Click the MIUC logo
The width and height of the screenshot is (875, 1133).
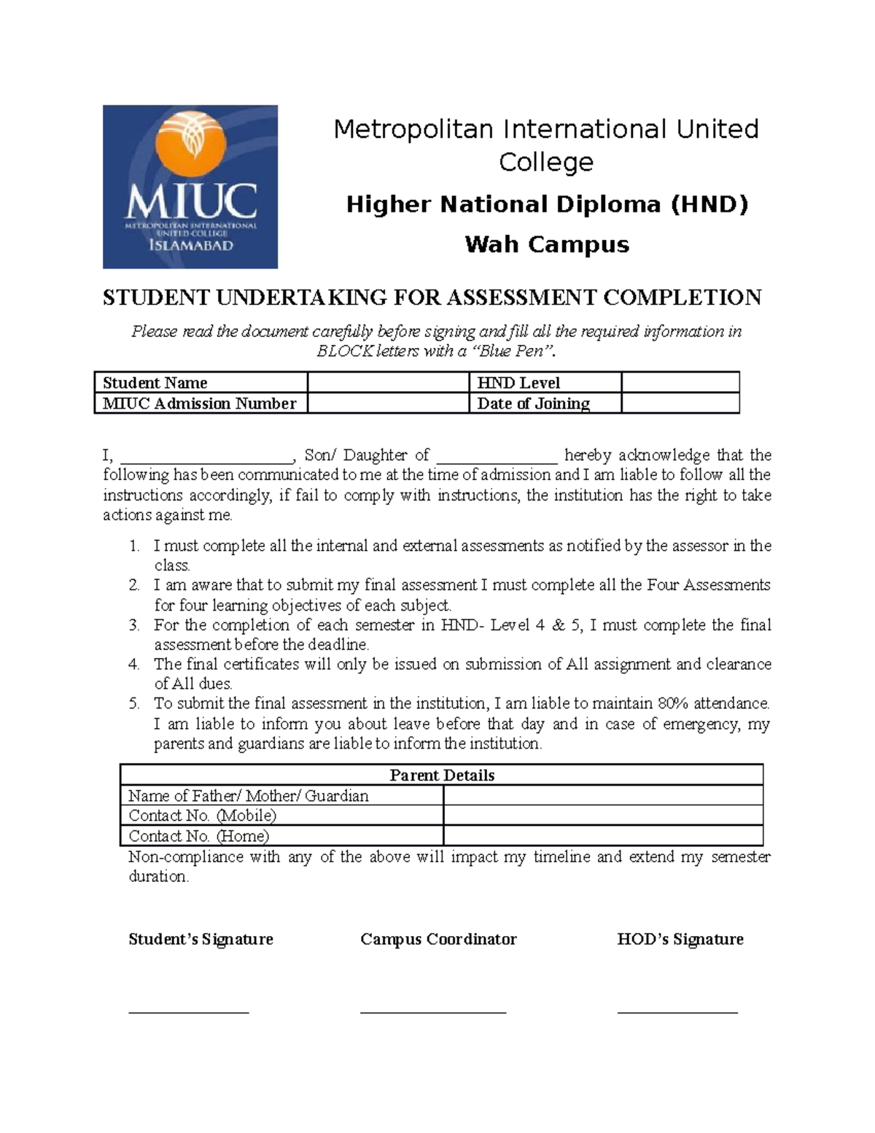coord(190,187)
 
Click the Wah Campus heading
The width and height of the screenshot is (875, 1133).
coord(547,244)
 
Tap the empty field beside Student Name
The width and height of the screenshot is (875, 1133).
coord(387,382)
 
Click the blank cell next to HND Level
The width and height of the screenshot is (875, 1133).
coord(680,382)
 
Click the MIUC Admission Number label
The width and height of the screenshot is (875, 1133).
coord(200,403)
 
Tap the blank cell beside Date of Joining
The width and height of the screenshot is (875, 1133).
coord(680,403)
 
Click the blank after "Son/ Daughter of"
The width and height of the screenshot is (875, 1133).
coord(497,457)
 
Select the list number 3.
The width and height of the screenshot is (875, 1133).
coord(133,625)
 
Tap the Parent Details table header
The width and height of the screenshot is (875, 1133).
coord(442,775)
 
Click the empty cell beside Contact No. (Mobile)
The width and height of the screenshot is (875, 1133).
coord(602,816)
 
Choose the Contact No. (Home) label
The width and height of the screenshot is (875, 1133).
coord(199,836)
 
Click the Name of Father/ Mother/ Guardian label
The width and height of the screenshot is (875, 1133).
coord(249,795)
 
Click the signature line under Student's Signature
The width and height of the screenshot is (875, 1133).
coord(189,1011)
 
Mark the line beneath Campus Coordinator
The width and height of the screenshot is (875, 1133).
coord(433,1011)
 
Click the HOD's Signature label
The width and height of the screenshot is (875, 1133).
coord(680,939)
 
